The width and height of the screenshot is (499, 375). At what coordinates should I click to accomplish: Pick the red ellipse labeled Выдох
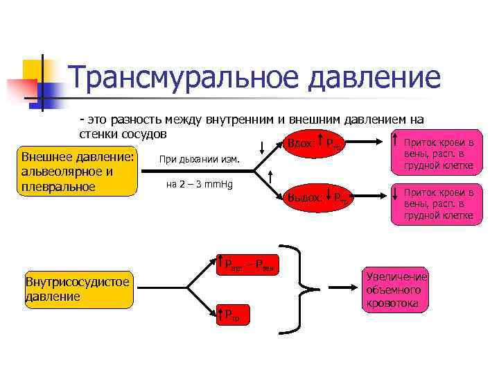[x=316, y=197]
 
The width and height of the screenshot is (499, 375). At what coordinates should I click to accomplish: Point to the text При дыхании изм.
[x=199, y=160]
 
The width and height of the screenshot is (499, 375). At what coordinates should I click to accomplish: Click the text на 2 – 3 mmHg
[x=199, y=185]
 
